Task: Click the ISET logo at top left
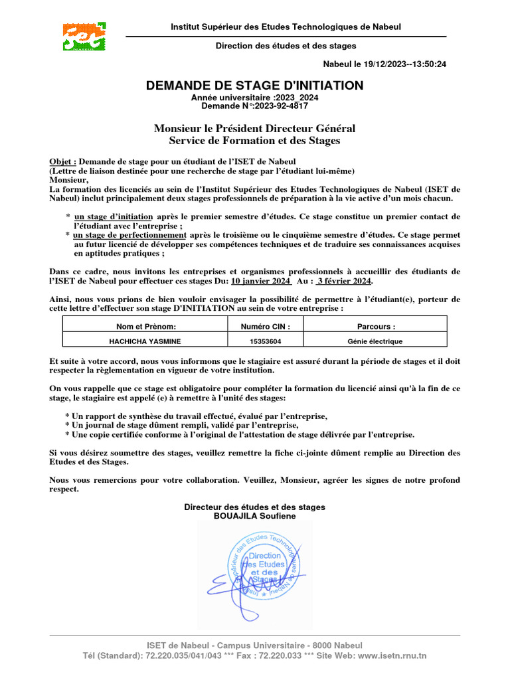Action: click(84, 37)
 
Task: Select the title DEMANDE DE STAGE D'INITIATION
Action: click(254, 86)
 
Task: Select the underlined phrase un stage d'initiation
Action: click(114, 217)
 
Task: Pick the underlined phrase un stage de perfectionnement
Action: click(129, 235)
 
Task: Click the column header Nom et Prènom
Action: click(145, 327)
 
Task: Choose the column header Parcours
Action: click(376, 327)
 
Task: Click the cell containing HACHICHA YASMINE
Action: click(145, 341)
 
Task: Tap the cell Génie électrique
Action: click(375, 341)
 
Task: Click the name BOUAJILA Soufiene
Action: click(254, 515)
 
